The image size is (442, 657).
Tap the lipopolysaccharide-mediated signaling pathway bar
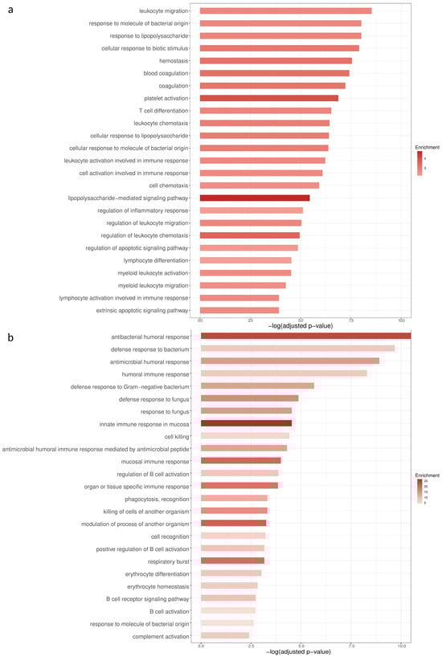[254, 198]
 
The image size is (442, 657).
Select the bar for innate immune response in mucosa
[246, 423]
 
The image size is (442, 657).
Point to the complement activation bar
[224, 636]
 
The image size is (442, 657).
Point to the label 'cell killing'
[176, 436]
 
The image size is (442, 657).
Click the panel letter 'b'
[10, 338]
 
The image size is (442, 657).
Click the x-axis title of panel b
[301, 653]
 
